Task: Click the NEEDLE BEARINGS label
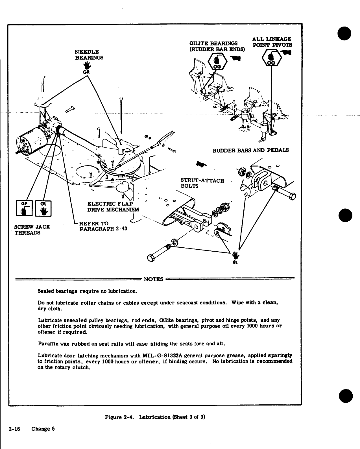click(89, 55)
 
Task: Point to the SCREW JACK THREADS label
click(32, 230)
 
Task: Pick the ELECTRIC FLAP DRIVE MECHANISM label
click(111, 206)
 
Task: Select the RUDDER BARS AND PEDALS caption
click(250, 150)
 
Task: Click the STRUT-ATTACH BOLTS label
click(202, 183)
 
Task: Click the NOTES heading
click(154, 279)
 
